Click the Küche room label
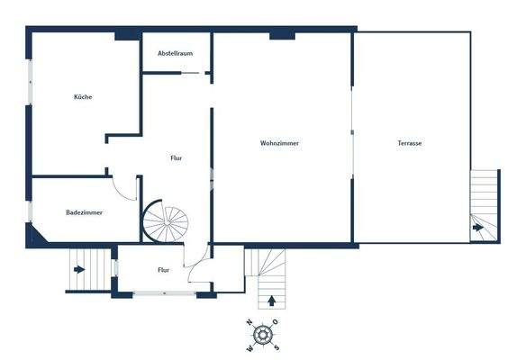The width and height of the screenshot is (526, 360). (83, 97)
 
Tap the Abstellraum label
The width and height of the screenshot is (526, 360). (176, 54)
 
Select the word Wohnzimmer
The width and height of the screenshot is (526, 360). (279, 144)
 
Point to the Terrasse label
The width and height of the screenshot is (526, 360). (410, 144)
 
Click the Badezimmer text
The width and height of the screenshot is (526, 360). (84, 213)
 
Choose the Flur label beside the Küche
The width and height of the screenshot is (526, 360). (177, 158)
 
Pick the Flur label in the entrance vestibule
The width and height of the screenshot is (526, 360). (164, 269)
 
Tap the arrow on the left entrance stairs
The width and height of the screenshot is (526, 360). (80, 268)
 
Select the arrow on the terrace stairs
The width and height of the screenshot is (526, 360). (477, 228)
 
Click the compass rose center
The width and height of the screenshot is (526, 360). (263, 335)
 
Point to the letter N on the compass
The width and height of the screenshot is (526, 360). (249, 322)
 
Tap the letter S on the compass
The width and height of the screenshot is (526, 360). (277, 348)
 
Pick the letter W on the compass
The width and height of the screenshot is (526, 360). (249, 348)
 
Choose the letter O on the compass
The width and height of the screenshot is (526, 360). (277, 322)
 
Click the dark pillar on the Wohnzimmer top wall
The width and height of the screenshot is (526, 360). (282, 35)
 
